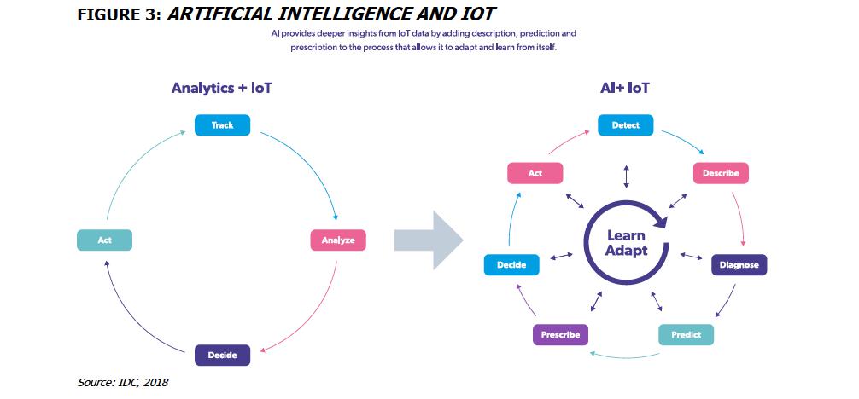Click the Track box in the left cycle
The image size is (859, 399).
tap(222, 125)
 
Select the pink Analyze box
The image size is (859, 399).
tap(338, 240)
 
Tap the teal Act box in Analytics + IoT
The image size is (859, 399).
tap(104, 240)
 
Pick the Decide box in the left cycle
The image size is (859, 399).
tap(222, 355)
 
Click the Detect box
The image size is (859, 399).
tap(625, 125)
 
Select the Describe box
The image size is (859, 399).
tap(721, 173)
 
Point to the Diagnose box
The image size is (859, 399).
tap(739, 265)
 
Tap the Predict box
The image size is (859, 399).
tap(686, 335)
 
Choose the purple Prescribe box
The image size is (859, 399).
tap(560, 335)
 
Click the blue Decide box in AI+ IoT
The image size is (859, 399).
tap(512, 265)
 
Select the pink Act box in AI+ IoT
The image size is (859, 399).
tap(535, 173)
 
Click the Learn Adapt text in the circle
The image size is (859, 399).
tap(626, 243)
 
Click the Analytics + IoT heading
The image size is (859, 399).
tap(222, 88)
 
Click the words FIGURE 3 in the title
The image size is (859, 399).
tap(120, 15)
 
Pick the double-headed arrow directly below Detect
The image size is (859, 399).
tap(626, 176)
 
